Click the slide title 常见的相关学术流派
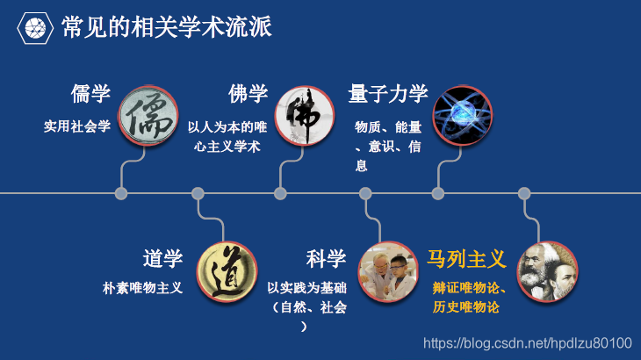pyautogui.click(x=167, y=28)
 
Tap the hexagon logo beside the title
pyautogui.click(x=35, y=29)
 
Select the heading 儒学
pyautogui.click(x=90, y=94)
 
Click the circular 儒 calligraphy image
pyautogui.click(x=145, y=115)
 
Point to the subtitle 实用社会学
pyautogui.click(x=77, y=126)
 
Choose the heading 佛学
pyautogui.click(x=248, y=94)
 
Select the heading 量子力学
pyautogui.click(x=387, y=94)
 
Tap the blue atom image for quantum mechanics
pyautogui.click(x=462, y=115)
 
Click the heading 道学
pyautogui.click(x=162, y=259)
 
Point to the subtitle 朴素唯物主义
pyautogui.click(x=142, y=288)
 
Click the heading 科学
pyautogui.click(x=326, y=259)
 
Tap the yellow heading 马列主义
pyautogui.click(x=466, y=259)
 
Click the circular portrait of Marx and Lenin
pyautogui.click(x=548, y=271)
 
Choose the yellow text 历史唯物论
pyautogui.click(x=466, y=307)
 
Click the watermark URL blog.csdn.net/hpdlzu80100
pyautogui.click(x=528, y=342)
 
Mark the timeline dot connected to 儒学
pyautogui.click(x=121, y=193)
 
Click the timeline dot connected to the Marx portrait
pyautogui.click(x=524, y=193)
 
